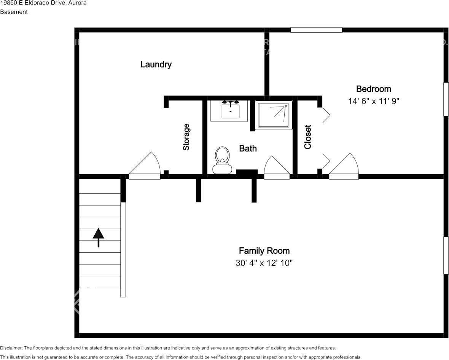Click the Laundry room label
[156, 64]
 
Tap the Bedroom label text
[373, 89]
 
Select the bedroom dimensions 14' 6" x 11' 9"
[373, 101]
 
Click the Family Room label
[264, 251]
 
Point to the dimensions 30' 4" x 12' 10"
[264, 263]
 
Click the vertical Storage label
[186, 137]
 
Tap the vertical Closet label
[307, 137]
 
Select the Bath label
[248, 148]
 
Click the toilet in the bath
[223, 160]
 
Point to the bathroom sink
[231, 111]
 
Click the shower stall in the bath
[274, 115]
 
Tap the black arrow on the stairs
[98, 237]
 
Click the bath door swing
[277, 167]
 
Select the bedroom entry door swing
[344, 166]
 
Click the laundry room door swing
[145, 165]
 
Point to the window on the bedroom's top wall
[317, 30]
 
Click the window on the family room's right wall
[446, 255]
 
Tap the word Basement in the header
[14, 12]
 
